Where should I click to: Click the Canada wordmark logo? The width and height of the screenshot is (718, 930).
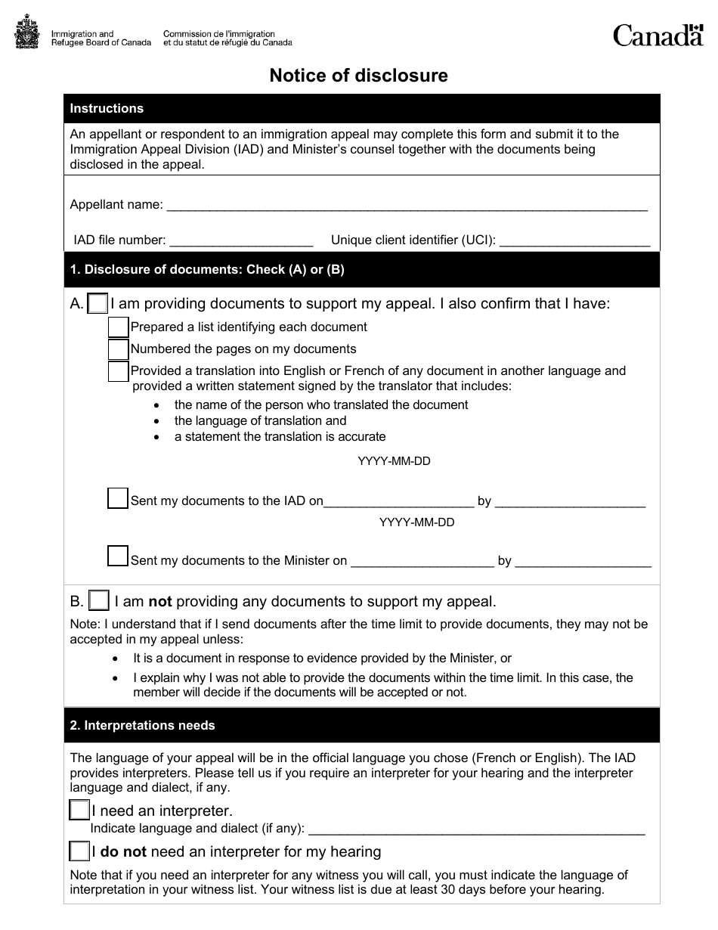(658, 35)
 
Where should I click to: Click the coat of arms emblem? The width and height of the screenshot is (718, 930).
(28, 34)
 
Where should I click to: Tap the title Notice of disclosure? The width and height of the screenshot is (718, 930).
(359, 76)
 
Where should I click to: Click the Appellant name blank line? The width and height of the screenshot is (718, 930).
(406, 206)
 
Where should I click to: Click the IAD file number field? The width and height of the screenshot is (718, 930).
(241, 241)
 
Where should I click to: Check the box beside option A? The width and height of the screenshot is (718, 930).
(98, 304)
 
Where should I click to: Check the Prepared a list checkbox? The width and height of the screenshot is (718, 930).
(118, 327)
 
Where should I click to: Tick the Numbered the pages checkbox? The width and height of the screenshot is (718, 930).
(118, 349)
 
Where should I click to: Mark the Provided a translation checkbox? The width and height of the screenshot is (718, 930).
(118, 371)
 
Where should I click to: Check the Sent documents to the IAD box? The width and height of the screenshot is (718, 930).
(118, 498)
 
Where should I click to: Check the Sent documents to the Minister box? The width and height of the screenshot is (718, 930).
(118, 556)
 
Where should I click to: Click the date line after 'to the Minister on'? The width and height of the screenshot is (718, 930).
(422, 562)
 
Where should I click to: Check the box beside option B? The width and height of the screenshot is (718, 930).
(99, 601)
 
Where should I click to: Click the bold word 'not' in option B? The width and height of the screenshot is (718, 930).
(160, 602)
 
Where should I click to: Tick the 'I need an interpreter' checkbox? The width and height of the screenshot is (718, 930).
(79, 811)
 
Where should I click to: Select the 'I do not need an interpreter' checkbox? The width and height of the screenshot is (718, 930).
(79, 852)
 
